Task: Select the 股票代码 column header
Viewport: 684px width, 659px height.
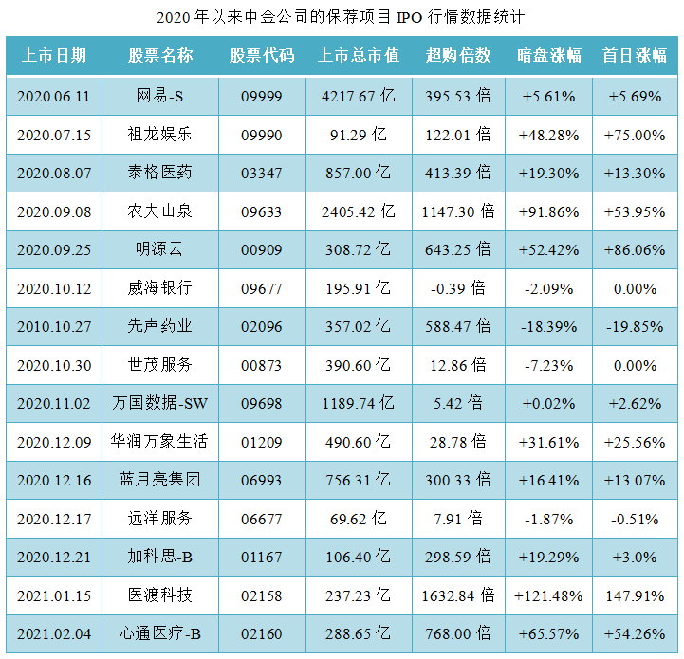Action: [262, 56]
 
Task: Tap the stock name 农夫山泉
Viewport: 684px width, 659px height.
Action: [160, 211]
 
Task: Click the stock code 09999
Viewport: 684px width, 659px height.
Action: [262, 96]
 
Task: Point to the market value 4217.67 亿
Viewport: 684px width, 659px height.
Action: [359, 96]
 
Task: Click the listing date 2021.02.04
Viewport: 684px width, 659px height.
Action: [54, 633]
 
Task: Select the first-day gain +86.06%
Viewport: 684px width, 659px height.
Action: [635, 250]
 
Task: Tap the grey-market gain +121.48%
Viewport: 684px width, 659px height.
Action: [548, 595]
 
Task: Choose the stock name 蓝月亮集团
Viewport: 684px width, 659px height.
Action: [160, 480]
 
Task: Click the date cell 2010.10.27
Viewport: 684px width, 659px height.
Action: [54, 327]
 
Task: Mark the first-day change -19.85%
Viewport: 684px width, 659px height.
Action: [635, 327]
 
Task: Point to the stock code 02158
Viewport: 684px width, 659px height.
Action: [262, 595]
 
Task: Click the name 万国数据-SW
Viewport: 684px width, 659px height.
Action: [160, 404]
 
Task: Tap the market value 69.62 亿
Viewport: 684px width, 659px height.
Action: [359, 519]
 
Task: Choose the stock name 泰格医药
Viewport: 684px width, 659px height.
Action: [160, 173]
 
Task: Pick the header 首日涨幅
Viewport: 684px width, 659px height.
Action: [635, 56]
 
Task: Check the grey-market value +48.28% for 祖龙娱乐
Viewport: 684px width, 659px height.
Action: [548, 135]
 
